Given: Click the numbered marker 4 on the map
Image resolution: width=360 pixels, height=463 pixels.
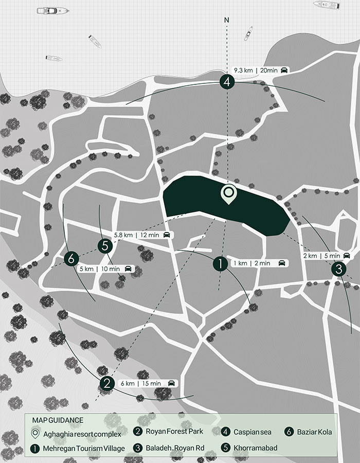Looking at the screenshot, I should pos(227,81).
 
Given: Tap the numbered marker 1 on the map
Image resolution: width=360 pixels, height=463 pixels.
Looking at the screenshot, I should pos(220,263).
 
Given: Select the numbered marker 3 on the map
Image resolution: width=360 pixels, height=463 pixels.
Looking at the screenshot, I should pos(338,269).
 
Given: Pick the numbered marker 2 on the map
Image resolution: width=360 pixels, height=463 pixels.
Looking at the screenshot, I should pos(107,383).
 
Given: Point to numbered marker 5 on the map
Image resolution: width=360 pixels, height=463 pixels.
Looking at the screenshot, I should pos(105,246).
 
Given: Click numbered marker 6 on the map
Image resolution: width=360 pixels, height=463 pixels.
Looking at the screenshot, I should pos(71,258).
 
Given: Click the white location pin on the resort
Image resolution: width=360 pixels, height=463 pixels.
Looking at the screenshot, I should pos(228,194).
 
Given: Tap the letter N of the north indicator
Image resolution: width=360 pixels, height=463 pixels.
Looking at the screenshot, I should pos(227,21).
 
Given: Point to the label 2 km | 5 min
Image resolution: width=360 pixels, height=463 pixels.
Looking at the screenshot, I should pos(326,256).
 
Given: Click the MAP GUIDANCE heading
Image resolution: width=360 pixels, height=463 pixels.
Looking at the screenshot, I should pos(58,420).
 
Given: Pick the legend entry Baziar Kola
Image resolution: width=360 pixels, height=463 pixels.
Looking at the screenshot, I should pos(314,432).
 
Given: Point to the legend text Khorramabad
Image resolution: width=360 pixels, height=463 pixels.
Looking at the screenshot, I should pos(256,448).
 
